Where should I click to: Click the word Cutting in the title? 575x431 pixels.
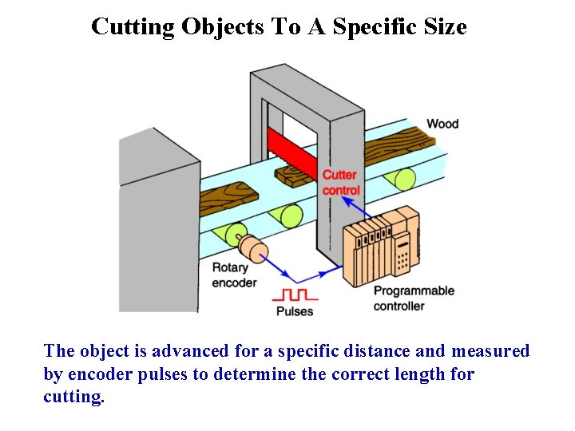(133, 27)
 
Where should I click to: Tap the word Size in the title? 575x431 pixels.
(446, 27)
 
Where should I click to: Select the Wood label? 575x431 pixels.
(442, 124)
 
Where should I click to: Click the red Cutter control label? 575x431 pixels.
(341, 183)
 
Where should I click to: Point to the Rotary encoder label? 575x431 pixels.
(234, 275)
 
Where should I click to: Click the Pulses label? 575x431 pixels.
(295, 311)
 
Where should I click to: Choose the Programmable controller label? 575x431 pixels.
(414, 298)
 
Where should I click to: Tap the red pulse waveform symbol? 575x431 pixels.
(295, 293)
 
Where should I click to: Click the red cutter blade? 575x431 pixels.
(292, 152)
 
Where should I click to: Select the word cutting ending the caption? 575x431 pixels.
(73, 397)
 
